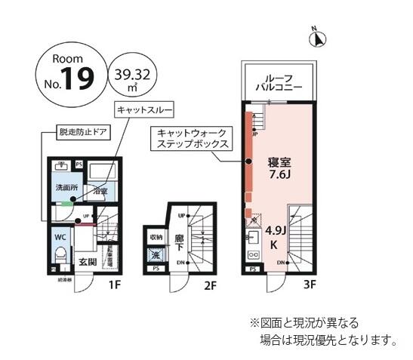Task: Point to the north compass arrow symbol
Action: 319,37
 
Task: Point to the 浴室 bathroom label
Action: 100,192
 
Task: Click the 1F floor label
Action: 114,285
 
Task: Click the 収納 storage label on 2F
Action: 156,238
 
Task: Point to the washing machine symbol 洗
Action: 156,255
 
